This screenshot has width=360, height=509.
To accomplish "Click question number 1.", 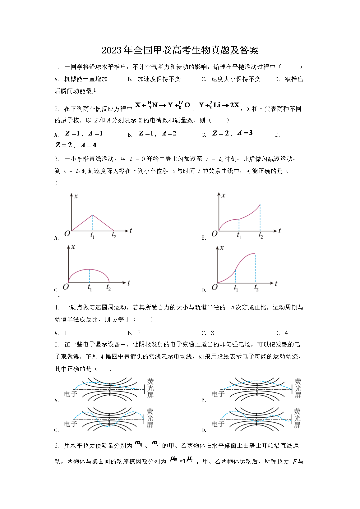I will [57, 67].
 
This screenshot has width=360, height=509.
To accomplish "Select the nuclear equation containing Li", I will [219, 105].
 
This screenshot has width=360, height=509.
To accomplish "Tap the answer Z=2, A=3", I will [232, 133].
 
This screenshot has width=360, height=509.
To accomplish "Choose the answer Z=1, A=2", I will [157, 134].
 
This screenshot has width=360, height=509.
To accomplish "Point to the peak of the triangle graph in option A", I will [93, 215].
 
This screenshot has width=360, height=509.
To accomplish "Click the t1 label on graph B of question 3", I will [239, 236].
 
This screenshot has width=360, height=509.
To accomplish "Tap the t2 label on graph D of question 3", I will [256, 288].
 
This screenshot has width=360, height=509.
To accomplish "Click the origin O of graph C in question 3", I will [66, 287].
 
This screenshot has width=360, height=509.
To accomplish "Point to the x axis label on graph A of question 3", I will [76, 196].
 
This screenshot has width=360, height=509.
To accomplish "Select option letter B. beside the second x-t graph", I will [204, 238].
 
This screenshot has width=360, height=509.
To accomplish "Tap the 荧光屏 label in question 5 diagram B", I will [298, 388].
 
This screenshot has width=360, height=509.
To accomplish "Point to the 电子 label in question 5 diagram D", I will [218, 424].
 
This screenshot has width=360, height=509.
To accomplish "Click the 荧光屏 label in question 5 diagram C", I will [150, 418].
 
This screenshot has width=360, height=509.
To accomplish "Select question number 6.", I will [57, 446].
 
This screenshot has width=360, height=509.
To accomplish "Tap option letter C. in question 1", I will [204, 79].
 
